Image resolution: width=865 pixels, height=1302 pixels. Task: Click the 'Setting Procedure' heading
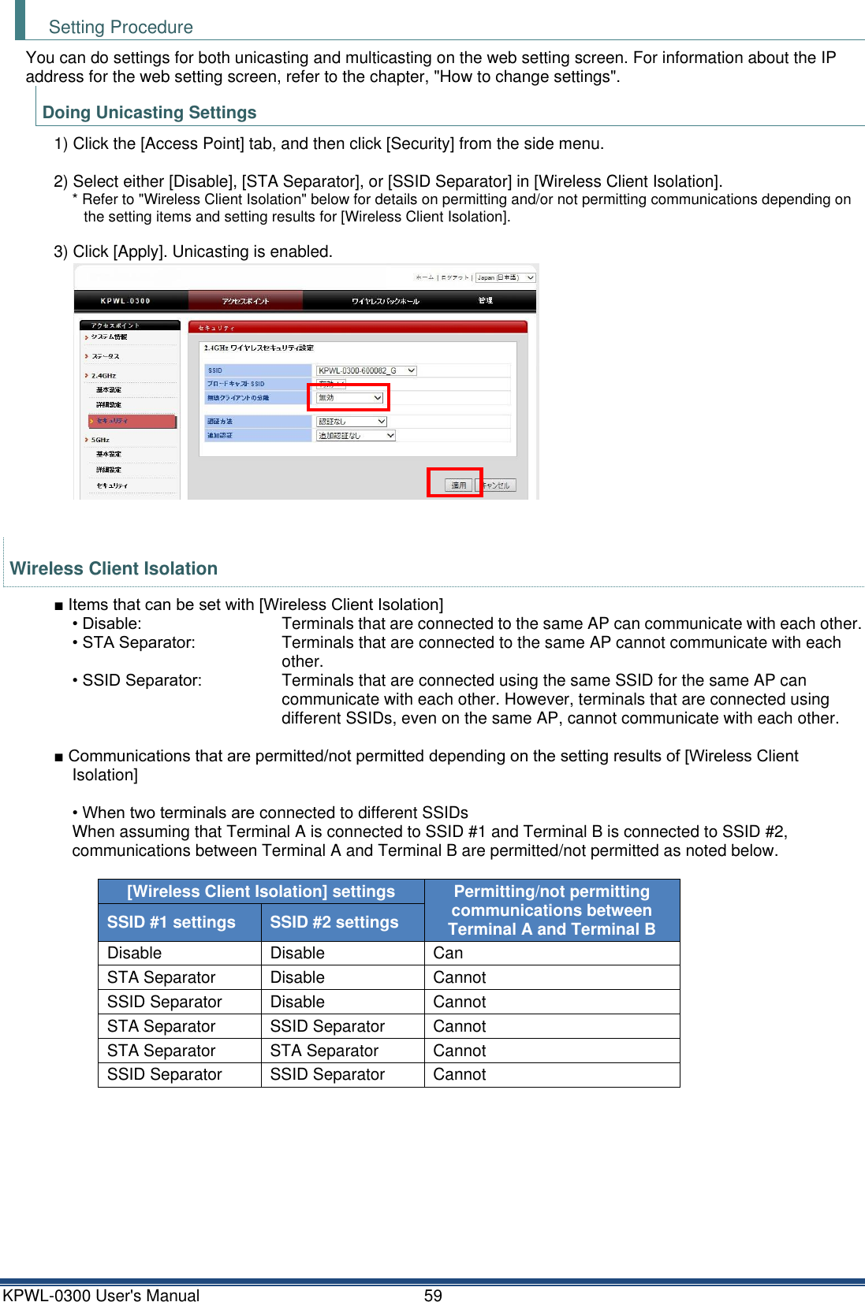point(121,27)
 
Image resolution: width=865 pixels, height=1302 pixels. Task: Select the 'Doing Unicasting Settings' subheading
point(149,112)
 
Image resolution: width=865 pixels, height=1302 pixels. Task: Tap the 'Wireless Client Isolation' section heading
point(114,568)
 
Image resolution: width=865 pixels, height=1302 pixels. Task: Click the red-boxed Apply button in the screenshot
point(458,484)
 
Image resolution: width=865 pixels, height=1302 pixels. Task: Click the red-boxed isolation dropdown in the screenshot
point(349,398)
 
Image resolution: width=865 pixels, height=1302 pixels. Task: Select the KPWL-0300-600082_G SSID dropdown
point(366,370)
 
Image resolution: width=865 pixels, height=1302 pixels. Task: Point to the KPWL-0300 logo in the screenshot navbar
point(125,301)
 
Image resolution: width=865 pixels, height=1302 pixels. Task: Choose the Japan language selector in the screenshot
point(505,277)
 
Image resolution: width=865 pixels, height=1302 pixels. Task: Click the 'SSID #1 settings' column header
point(171,922)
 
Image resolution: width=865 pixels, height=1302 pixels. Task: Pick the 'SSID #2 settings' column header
point(334,922)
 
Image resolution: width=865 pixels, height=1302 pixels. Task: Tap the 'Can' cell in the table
point(448,953)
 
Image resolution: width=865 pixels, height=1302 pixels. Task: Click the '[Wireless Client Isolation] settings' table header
point(261,891)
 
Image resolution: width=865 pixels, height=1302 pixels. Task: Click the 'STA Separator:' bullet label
point(139,642)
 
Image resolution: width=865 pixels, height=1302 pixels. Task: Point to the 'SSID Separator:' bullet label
point(142,680)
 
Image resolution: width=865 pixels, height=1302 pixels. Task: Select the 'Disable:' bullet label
point(112,623)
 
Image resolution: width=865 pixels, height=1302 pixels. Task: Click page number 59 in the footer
point(433,1295)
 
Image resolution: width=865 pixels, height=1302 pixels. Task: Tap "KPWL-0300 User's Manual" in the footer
point(101,1295)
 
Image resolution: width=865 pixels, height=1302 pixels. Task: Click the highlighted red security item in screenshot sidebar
point(132,421)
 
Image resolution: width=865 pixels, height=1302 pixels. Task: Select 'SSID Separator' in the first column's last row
point(164,1074)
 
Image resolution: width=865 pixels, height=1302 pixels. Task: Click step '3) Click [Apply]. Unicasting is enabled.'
point(193,251)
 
